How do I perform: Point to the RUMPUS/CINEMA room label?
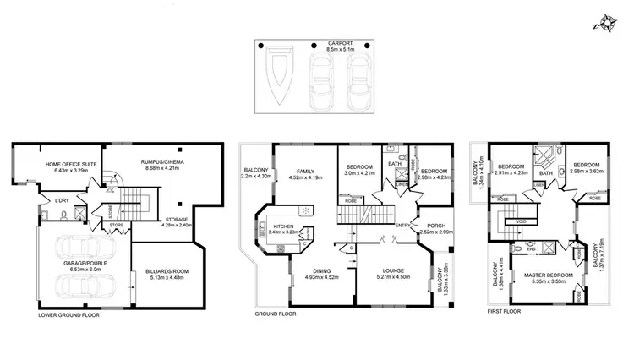pos(163,166)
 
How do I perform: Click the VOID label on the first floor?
pos(522,221)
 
